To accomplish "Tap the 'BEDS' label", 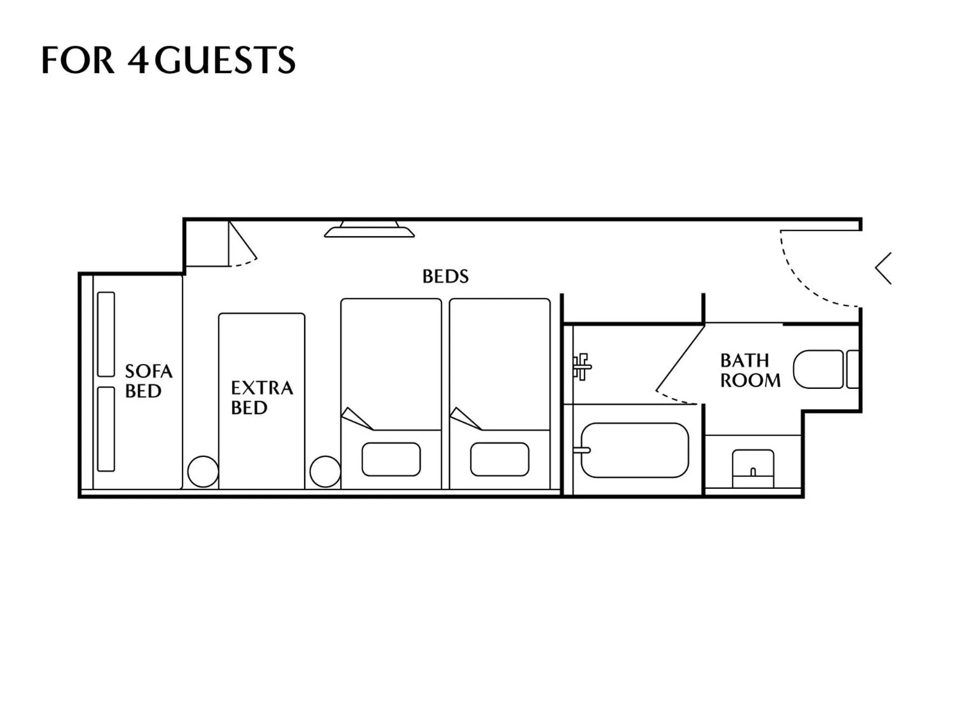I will (445, 276).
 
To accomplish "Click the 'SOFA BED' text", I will (148, 381).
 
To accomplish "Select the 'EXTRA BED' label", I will (261, 397).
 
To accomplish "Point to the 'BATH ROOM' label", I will (749, 370).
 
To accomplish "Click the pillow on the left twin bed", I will (391, 459).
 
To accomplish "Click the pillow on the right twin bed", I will (499, 459).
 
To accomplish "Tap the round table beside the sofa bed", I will (203, 471).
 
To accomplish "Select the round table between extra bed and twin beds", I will (325, 471).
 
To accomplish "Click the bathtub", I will (635, 450).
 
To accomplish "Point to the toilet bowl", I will (818, 369).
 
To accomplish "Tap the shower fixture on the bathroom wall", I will (581, 367).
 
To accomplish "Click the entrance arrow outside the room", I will (883, 268).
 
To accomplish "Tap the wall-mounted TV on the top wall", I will (369, 230).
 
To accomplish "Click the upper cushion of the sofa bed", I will (106, 334).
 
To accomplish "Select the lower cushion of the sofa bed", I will (106, 429).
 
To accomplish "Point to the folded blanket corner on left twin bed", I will (356, 418).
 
